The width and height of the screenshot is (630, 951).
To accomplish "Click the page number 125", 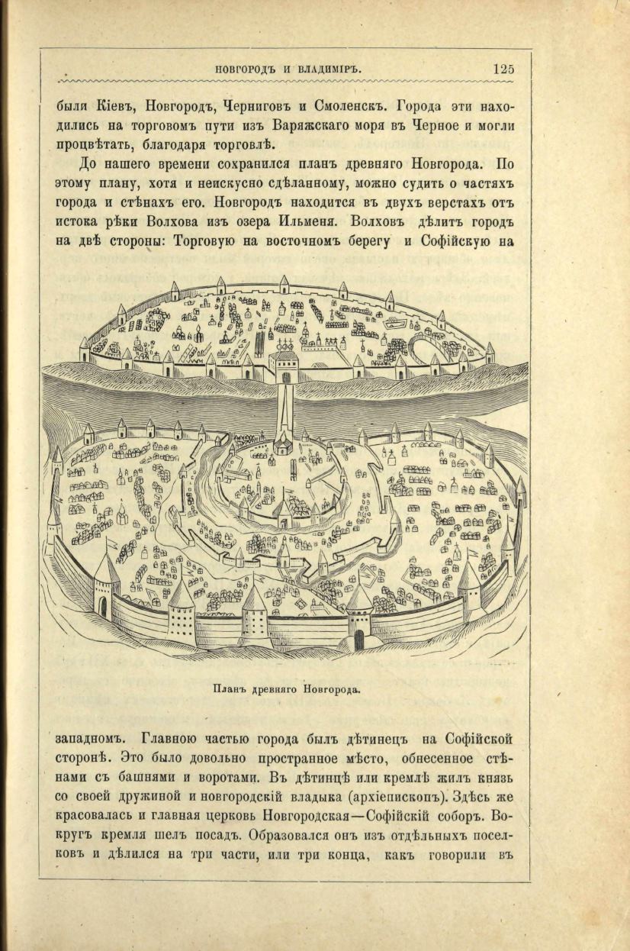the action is coord(503,69).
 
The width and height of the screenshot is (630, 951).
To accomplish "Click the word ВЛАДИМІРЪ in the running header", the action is coord(327,69).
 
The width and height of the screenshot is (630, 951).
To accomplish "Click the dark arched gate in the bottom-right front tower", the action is coord(359,639).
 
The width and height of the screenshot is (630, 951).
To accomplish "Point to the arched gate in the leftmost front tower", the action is coord(102,606).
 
